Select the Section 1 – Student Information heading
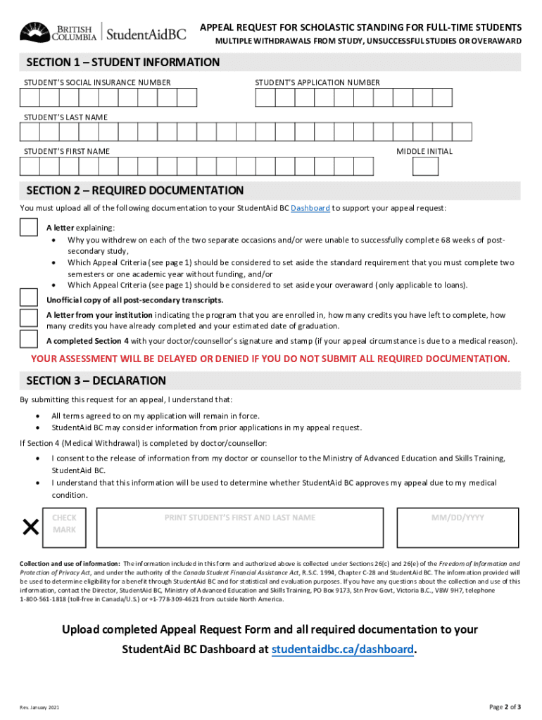[123, 63]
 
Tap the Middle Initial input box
[425, 166]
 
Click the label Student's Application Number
[317, 83]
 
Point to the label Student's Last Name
[66, 117]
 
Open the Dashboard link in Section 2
[310, 209]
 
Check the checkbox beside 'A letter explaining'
[29, 228]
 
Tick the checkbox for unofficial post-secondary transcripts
[29, 298]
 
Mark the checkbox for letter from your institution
[29, 318]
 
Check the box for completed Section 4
[29, 340]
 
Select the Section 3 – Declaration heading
[96, 381]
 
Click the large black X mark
[30, 527]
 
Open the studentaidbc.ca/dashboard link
[343, 649]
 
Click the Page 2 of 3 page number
[505, 707]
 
